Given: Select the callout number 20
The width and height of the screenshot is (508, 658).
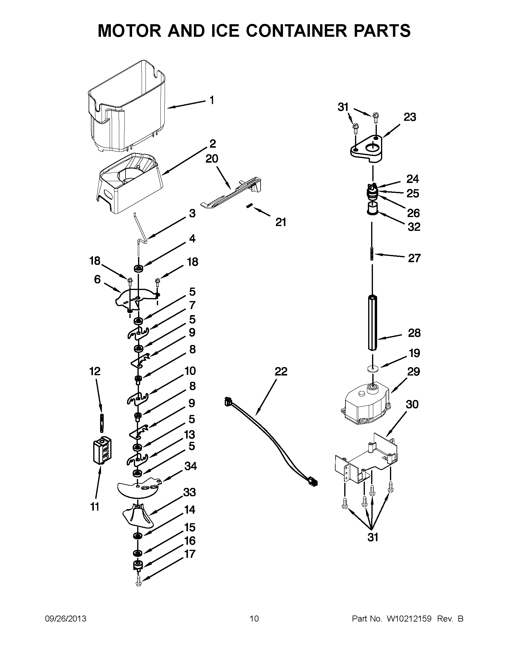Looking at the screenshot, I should click(212, 159).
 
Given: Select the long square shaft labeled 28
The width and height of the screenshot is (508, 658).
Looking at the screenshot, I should click(373, 322).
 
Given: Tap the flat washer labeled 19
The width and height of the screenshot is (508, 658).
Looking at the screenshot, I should click(373, 369).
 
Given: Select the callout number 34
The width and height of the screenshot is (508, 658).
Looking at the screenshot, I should click(191, 466).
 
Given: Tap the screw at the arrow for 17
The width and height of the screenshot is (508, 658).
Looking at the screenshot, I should click(139, 584).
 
